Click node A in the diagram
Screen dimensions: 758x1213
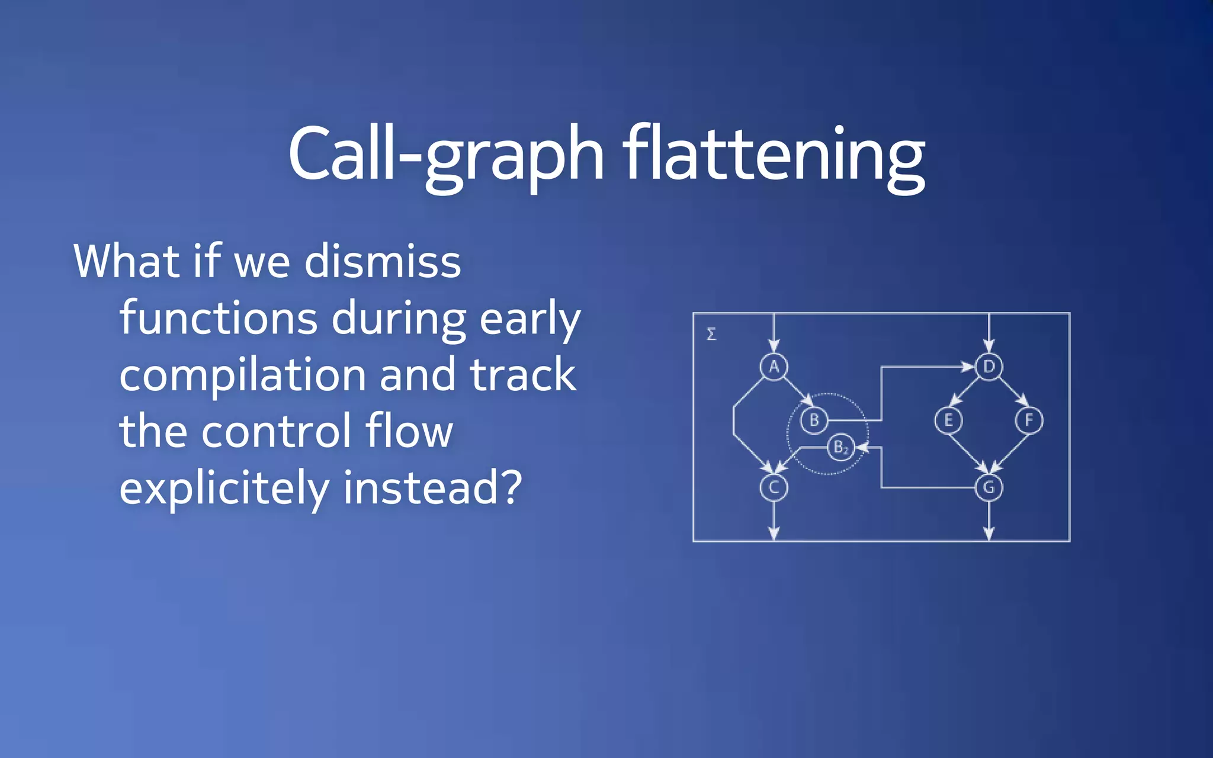tap(774, 367)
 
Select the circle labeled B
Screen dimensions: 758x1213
tap(814, 420)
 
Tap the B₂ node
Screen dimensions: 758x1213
tap(841, 448)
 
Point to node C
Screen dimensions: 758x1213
tap(774, 487)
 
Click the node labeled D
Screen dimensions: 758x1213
tap(989, 367)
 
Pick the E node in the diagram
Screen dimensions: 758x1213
tap(948, 420)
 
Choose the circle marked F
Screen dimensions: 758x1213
tap(1029, 420)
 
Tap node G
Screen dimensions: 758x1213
tap(989, 487)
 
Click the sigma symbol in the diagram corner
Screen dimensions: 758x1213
tap(711, 334)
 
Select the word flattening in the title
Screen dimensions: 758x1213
tap(774, 154)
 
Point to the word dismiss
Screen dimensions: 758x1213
tap(383, 262)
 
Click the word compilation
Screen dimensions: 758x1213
tap(242, 375)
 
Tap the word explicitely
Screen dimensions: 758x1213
tap(224, 488)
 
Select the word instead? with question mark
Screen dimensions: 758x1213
tap(432, 488)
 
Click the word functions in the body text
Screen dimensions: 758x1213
tap(219, 319)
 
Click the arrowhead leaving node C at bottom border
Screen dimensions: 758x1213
tap(774, 534)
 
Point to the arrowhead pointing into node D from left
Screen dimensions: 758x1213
tap(967, 367)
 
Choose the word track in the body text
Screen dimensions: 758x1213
tap(522, 375)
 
